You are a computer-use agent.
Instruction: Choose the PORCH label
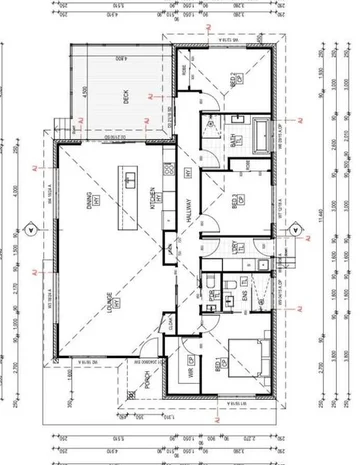coord(147,380)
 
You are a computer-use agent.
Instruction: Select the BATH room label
coord(234,143)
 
